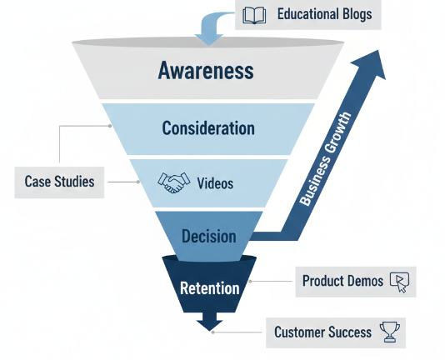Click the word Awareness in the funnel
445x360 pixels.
(x=205, y=71)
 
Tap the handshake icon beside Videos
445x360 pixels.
(x=174, y=183)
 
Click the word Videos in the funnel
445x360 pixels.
(x=216, y=183)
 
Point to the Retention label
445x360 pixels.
(x=209, y=287)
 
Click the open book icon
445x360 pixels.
(x=254, y=14)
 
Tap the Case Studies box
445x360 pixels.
(x=59, y=182)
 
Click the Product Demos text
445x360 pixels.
(x=342, y=282)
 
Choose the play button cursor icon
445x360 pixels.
(x=399, y=282)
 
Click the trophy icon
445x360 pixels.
(x=389, y=332)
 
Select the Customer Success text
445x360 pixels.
(x=322, y=332)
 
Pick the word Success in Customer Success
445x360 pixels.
(x=349, y=332)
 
